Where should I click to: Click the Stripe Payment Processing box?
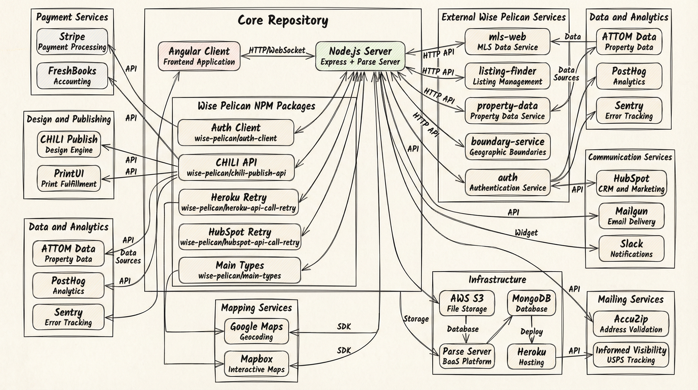tap(72, 41)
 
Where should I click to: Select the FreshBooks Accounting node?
tap(72, 76)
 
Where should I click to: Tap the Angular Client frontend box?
tap(199, 56)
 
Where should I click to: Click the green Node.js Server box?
tap(360, 56)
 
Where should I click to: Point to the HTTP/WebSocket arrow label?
tap(277, 50)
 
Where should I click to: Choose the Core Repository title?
tap(283, 20)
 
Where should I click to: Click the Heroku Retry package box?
tap(238, 202)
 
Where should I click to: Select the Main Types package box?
tap(239, 270)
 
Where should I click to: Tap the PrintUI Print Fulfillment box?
tap(69, 178)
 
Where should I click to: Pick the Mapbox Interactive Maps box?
tap(256, 364)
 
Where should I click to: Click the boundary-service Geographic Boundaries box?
tap(508, 147)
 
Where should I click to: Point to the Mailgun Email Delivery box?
tap(631, 216)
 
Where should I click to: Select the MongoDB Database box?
tap(531, 303)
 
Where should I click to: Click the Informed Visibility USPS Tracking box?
tap(631, 354)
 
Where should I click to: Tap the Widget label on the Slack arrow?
tap(526, 232)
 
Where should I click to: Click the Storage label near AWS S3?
tap(416, 319)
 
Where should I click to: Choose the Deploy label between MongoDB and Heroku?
tap(531, 331)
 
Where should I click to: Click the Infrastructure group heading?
tap(497, 280)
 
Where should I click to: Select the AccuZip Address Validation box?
tap(631, 324)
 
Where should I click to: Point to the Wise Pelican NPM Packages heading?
tap(256, 106)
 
